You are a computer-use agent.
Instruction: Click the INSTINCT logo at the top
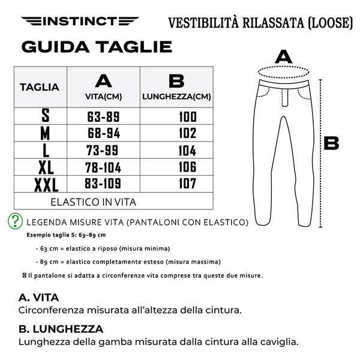pos(80,22)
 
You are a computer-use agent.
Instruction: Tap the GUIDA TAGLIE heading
pos(97,47)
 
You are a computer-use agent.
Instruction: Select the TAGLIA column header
pos(40,88)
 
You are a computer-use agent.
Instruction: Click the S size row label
pos(45,116)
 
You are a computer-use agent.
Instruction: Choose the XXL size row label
pos(46,184)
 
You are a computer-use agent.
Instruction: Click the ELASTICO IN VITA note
pos(93,202)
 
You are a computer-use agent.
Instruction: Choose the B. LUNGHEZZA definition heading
pos(61,329)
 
